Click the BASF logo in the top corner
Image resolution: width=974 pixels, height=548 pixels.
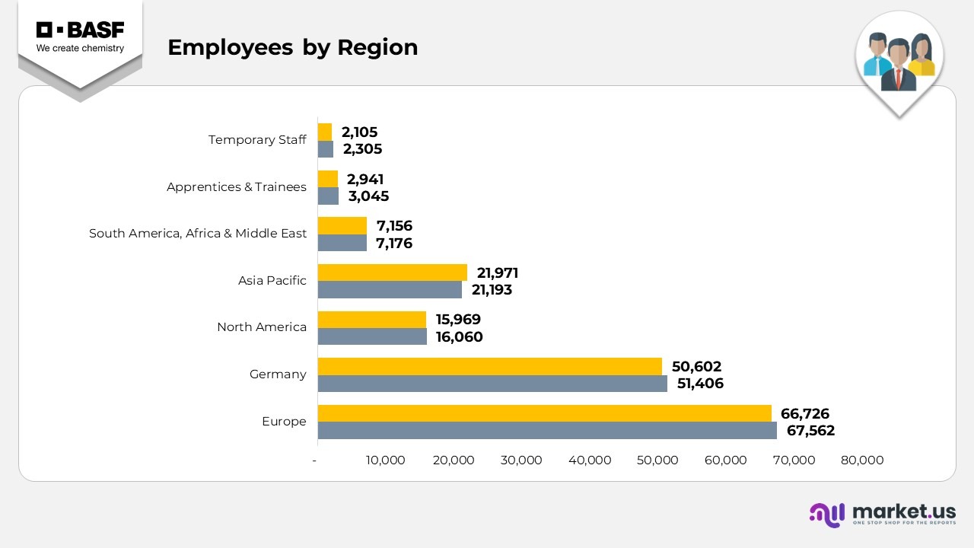point(80,37)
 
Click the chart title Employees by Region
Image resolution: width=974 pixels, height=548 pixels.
point(292,47)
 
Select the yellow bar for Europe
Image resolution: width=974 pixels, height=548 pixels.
point(544,413)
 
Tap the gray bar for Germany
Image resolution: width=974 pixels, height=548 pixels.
point(492,384)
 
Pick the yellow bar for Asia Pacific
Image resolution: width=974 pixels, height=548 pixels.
point(392,272)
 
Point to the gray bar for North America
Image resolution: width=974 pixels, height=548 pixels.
point(372,336)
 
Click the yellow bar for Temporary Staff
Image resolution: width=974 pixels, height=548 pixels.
point(325,132)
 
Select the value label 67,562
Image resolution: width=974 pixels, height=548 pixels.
point(810,431)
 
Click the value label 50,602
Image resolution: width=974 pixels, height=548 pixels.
point(696,367)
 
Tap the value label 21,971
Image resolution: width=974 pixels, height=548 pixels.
point(498,273)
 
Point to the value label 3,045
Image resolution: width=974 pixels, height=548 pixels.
point(368,196)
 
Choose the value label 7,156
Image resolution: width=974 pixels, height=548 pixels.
point(394,226)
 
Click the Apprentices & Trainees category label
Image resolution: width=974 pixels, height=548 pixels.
point(237,187)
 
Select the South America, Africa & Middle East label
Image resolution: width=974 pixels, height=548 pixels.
point(198,234)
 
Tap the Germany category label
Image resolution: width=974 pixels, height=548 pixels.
point(278,374)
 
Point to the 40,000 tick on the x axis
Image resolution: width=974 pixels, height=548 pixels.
point(590,460)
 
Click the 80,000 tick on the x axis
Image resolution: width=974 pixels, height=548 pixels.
point(862,460)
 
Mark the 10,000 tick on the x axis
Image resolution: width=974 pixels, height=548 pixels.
point(385,460)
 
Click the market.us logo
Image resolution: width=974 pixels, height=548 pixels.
point(883,514)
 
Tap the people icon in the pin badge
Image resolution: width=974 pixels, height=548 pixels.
point(899,61)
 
